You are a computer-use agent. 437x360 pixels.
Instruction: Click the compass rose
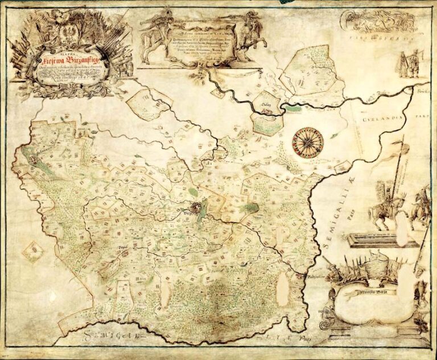point(308,141)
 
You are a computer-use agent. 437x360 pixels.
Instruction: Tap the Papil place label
point(122,247)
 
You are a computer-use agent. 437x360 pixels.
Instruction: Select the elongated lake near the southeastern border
point(282,288)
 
